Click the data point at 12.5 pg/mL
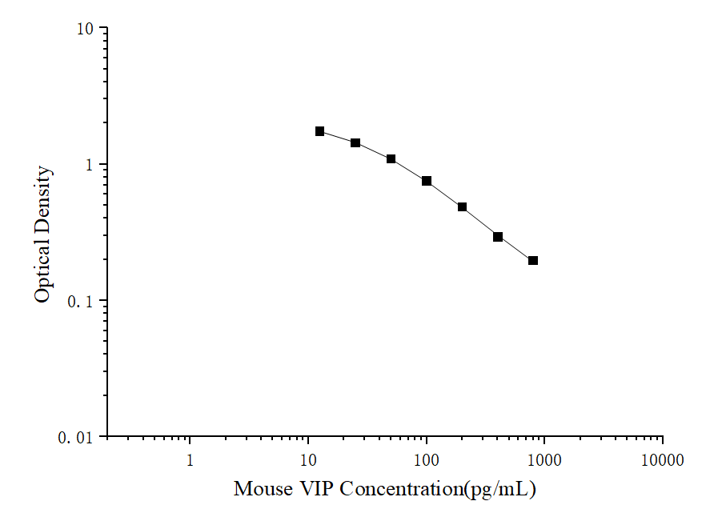[x=319, y=131]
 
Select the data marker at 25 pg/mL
[x=355, y=142]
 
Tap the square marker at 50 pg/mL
[x=391, y=159]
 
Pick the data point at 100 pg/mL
[x=427, y=181]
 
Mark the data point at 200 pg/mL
[x=462, y=207]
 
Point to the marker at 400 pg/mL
[x=498, y=237]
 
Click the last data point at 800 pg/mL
[x=533, y=260]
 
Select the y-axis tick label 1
[x=90, y=166]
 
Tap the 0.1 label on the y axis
[x=81, y=302]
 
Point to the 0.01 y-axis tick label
[x=77, y=438]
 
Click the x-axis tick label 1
[x=190, y=460]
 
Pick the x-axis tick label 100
[x=427, y=460]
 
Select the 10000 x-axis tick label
[x=663, y=460]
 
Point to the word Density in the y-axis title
[x=44, y=200]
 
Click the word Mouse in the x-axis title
[x=263, y=489]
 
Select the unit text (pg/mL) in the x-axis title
[x=500, y=489]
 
